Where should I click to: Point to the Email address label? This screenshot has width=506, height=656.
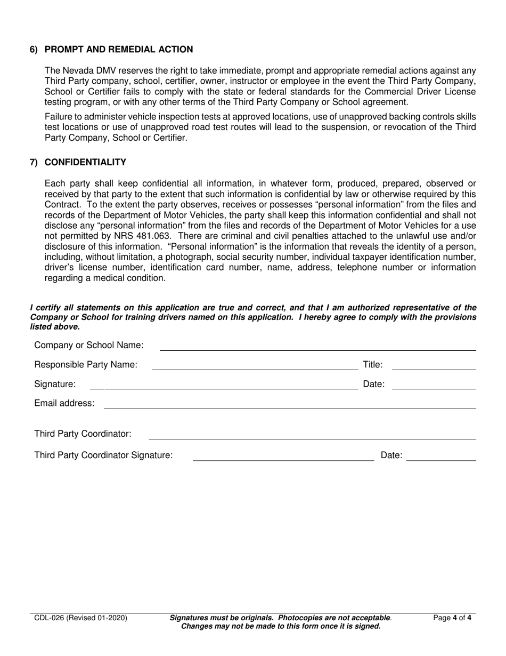tap(64, 403)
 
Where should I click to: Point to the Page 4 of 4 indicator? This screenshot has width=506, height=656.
tap(452, 618)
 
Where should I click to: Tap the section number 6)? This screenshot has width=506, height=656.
tap(34, 50)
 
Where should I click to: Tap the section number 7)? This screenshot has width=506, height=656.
tap(34, 162)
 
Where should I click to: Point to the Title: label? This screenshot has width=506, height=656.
tap(373, 365)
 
